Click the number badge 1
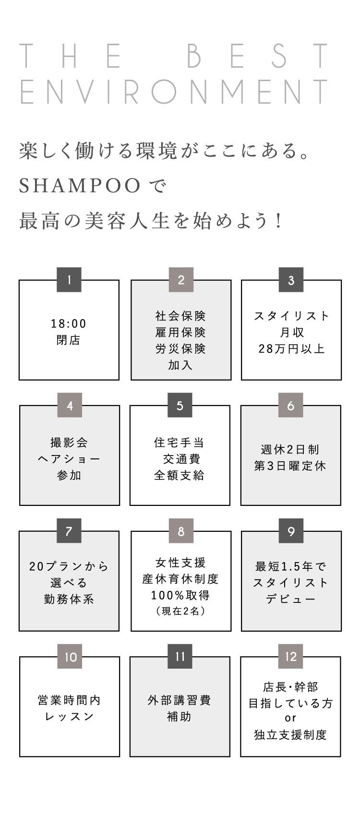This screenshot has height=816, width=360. (69, 280)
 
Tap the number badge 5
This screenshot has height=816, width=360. (180, 405)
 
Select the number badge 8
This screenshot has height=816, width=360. (181, 531)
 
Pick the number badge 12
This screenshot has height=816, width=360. (291, 657)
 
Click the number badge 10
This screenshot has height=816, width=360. (70, 657)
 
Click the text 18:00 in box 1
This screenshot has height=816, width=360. (69, 324)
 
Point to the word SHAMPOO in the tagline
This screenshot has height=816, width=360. (80, 186)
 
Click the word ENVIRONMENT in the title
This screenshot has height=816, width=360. (174, 92)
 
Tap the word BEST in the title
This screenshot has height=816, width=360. (257, 56)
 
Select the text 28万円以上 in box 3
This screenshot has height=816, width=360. (291, 348)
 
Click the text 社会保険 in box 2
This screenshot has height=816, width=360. (181, 316)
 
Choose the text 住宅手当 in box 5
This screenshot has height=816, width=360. (179, 443)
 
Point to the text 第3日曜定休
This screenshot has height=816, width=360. (290, 466)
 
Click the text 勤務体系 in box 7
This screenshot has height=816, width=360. (69, 599)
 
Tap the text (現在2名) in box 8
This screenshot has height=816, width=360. (181, 611)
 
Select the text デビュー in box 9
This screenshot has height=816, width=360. (290, 599)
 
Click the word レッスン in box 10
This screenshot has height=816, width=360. (69, 717)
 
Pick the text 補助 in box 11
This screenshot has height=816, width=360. (179, 717)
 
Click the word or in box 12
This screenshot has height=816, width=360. (290, 718)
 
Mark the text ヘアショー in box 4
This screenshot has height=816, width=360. (69, 459)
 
